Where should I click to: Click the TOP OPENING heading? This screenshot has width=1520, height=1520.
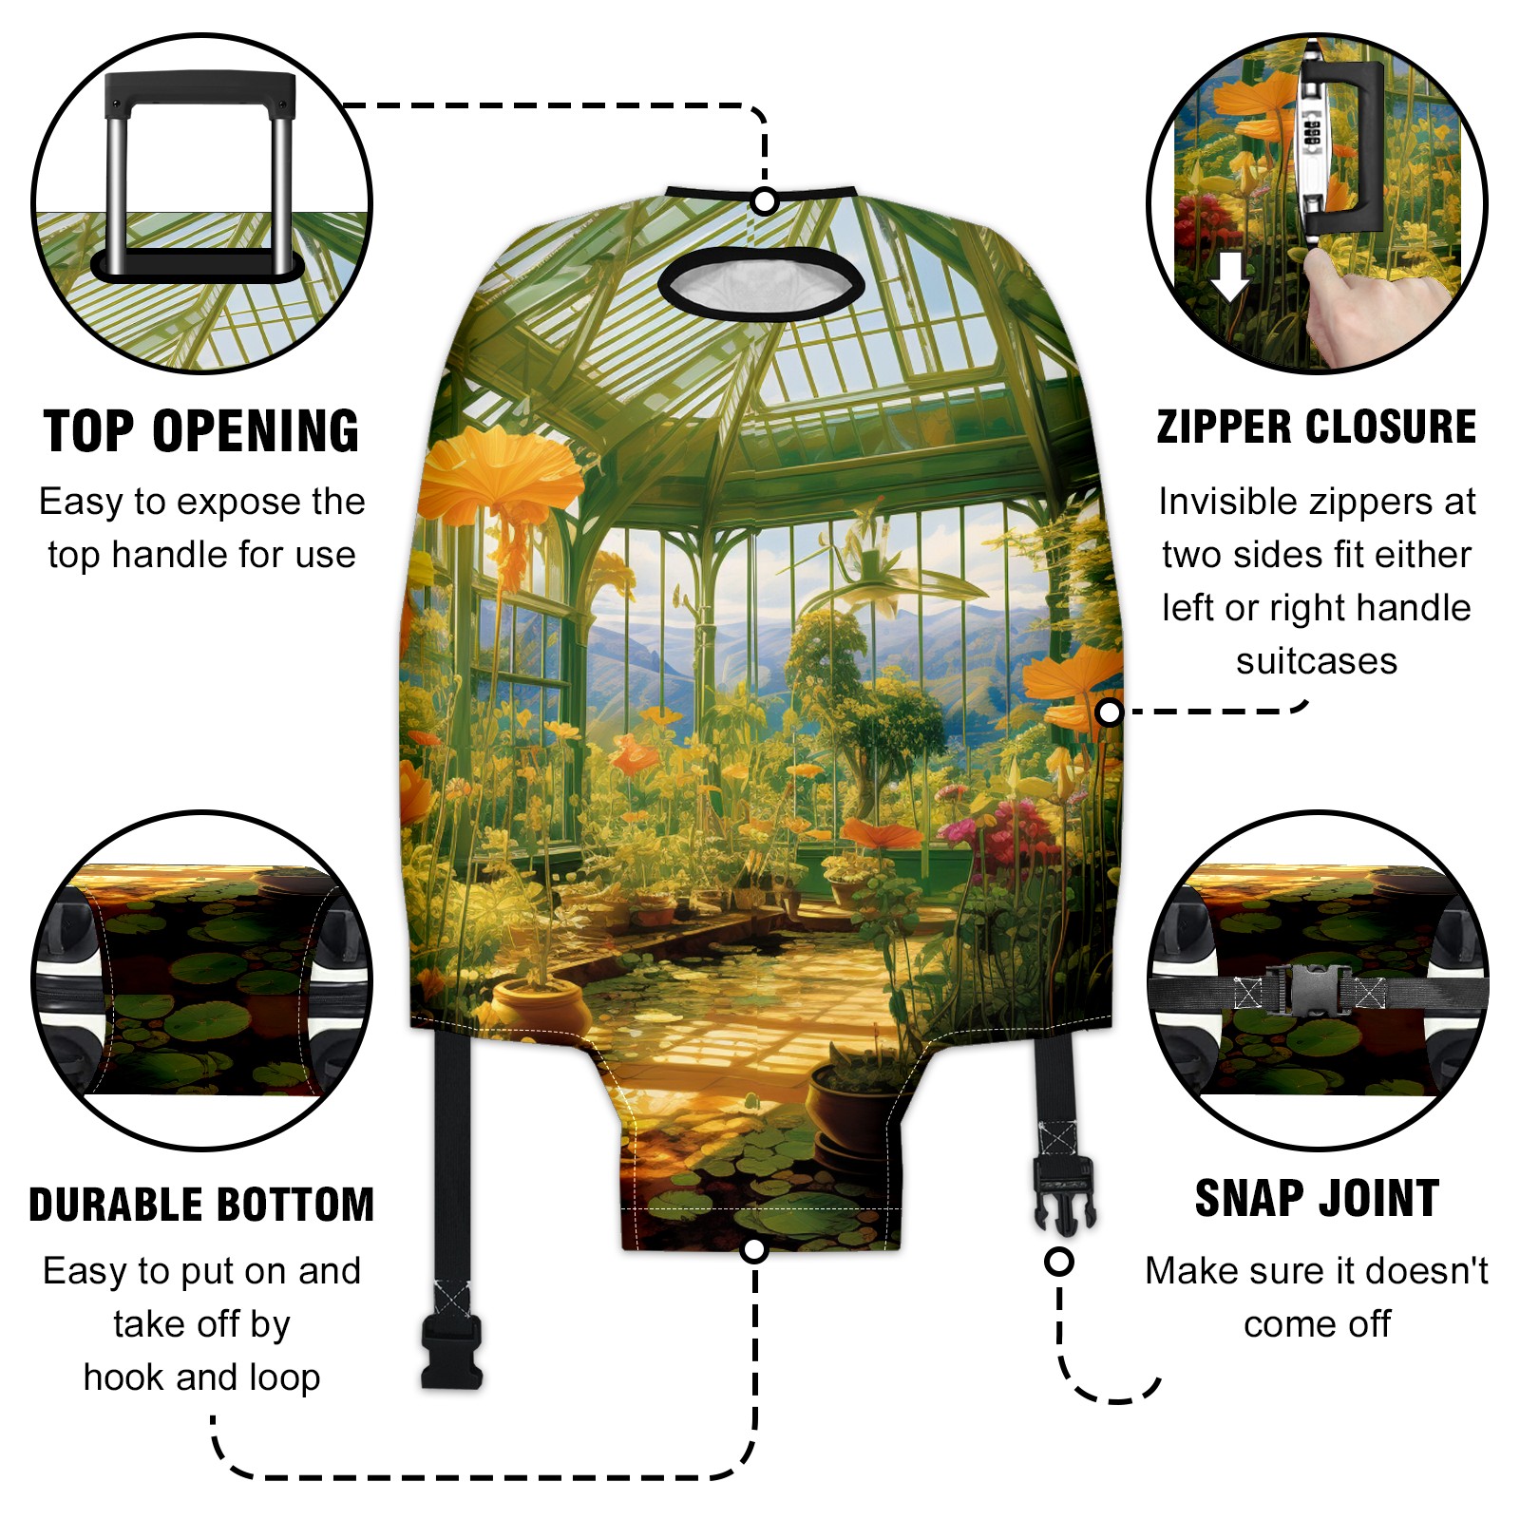click(x=201, y=431)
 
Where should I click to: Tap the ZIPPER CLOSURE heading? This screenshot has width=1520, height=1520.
click(x=1317, y=427)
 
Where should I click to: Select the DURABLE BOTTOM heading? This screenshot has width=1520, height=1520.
click(x=201, y=1205)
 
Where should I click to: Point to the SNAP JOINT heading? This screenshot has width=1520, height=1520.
click(x=1317, y=1198)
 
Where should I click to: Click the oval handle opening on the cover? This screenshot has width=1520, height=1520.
click(x=761, y=283)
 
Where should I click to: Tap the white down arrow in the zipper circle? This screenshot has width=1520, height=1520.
click(x=1231, y=276)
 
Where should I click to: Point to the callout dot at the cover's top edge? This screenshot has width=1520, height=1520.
click(x=764, y=201)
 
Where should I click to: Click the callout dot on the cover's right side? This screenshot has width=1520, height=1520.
click(x=1109, y=712)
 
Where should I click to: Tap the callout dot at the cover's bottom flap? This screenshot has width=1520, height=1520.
click(x=754, y=1249)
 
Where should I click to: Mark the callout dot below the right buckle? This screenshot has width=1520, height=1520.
click(x=1058, y=1262)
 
